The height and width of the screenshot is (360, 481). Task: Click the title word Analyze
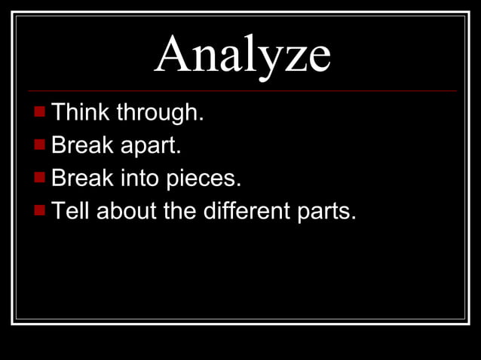click(x=242, y=54)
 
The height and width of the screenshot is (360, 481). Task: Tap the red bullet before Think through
click(x=40, y=113)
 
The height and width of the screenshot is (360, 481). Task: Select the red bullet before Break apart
click(x=40, y=145)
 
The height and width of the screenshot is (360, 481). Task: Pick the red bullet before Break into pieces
click(x=40, y=178)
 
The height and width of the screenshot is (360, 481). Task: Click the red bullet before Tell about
click(x=40, y=210)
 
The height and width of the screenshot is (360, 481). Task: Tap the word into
click(x=137, y=179)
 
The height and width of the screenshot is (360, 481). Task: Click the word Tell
click(x=71, y=212)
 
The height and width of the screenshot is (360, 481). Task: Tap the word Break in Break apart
click(x=81, y=146)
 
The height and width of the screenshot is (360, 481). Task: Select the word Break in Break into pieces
click(x=81, y=178)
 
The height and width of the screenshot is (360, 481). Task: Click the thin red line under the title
click(x=242, y=90)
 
